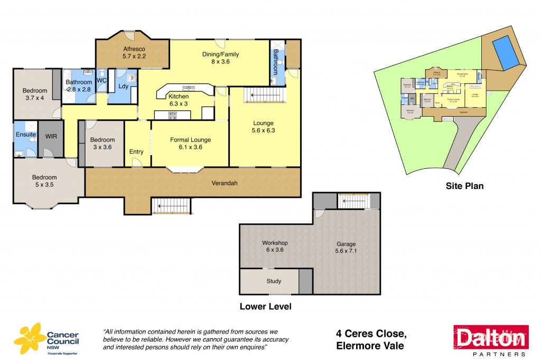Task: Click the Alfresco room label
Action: [x=126, y=51]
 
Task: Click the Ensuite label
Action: [x=25, y=135]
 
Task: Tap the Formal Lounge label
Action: [x=190, y=144]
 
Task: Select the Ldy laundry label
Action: [x=123, y=86]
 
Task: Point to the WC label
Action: [x=101, y=81]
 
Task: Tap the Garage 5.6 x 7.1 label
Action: [x=347, y=248]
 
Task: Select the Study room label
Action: [x=274, y=281]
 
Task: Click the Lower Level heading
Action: [x=265, y=307]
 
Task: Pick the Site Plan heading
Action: [x=463, y=186]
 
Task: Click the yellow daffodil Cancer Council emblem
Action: [x=30, y=338]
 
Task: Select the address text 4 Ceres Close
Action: [x=371, y=334]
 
